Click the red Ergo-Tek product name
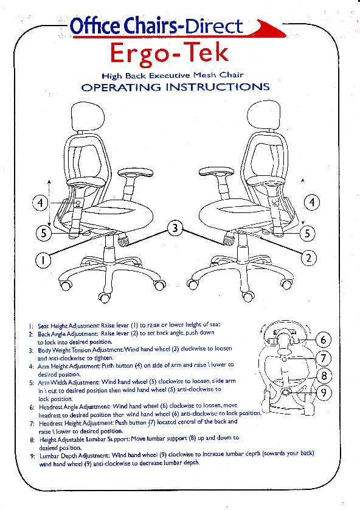pos(169,54)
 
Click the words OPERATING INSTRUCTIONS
pos(176,87)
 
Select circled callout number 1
pos(43,260)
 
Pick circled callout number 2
pos(308,258)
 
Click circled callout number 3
pos(175,228)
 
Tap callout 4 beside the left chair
pos(40,203)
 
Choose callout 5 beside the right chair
pos(307,233)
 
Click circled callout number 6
pos(324,340)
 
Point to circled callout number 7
pos(324,358)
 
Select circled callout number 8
pos(324,376)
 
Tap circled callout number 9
pos(324,393)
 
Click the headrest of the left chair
pos(87,117)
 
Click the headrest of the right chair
pos(263,117)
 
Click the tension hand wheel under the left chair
pos(124,240)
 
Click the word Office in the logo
pos(95,27)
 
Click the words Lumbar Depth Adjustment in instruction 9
pos(75,456)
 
